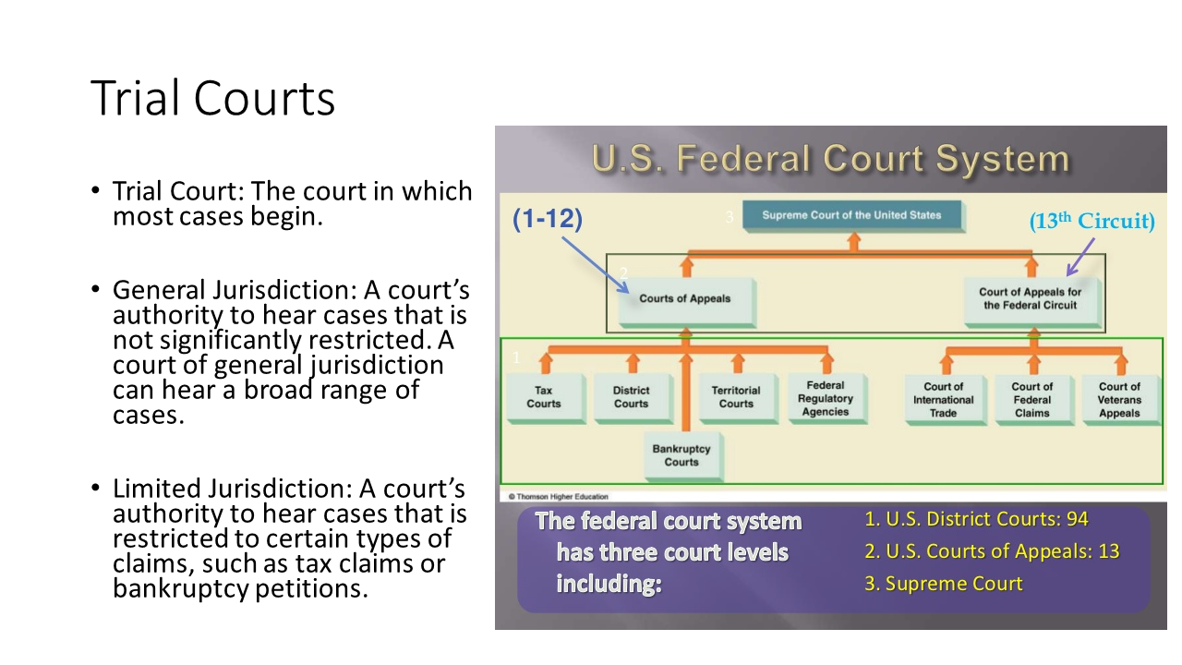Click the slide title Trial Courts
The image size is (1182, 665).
coord(212,98)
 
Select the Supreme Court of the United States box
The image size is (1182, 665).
coord(854,216)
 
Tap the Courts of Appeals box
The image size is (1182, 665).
coord(687,302)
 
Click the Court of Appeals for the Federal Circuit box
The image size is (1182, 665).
coord(1032,302)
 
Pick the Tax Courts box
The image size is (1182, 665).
coord(546,399)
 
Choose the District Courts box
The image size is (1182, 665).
coord(633,399)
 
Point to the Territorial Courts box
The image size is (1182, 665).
coord(739,399)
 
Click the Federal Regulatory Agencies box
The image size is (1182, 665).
coord(827,399)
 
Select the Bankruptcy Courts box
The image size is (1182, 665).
coord(684,457)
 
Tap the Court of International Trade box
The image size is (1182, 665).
coord(946,400)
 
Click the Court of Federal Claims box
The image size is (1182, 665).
coord(1034,400)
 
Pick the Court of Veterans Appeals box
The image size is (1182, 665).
coord(1122,400)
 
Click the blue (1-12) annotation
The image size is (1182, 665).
coord(548,219)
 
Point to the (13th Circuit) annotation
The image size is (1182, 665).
coord(1092,221)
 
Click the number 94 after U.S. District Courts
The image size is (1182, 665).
coord(1077,519)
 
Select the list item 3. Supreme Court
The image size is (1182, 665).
coord(943,584)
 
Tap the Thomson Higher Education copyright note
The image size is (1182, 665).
coord(559,497)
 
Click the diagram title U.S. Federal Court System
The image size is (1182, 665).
coord(830,158)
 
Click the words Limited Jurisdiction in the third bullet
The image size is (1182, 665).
coord(232,489)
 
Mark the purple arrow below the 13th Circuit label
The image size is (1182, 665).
coord(1080,257)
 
